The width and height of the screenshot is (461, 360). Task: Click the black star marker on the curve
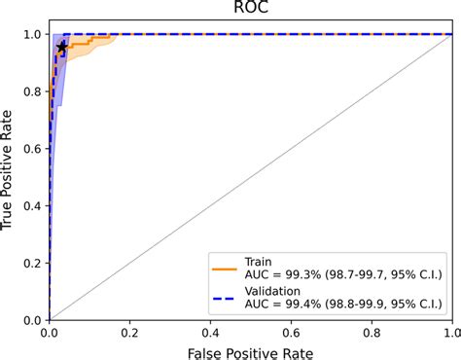click(x=63, y=47)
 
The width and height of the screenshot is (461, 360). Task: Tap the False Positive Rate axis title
click(x=250, y=349)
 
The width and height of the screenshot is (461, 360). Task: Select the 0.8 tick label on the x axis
click(x=370, y=330)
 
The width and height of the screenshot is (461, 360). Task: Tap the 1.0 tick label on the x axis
click(x=449, y=330)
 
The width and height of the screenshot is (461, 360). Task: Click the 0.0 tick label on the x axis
click(x=50, y=330)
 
